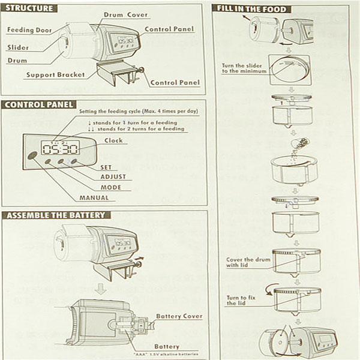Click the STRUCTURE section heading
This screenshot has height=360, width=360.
[29, 8]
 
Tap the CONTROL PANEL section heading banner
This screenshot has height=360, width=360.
[37, 104]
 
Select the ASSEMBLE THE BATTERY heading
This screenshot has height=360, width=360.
[55, 215]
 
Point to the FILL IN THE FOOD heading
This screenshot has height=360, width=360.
[253, 9]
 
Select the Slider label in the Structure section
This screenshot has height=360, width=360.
[19, 47]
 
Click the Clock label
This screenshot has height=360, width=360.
[114, 140]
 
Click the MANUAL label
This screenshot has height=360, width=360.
[94, 197]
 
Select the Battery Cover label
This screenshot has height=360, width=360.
[179, 316]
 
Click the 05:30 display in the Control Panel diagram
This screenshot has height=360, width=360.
[62, 148]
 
